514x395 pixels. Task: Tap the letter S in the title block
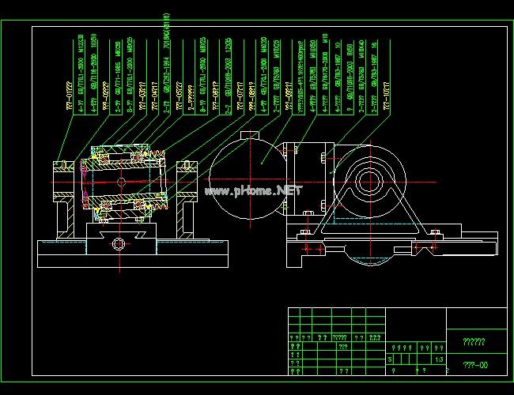390,359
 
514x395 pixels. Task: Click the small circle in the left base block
119,242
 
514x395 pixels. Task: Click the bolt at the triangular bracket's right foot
433,232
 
